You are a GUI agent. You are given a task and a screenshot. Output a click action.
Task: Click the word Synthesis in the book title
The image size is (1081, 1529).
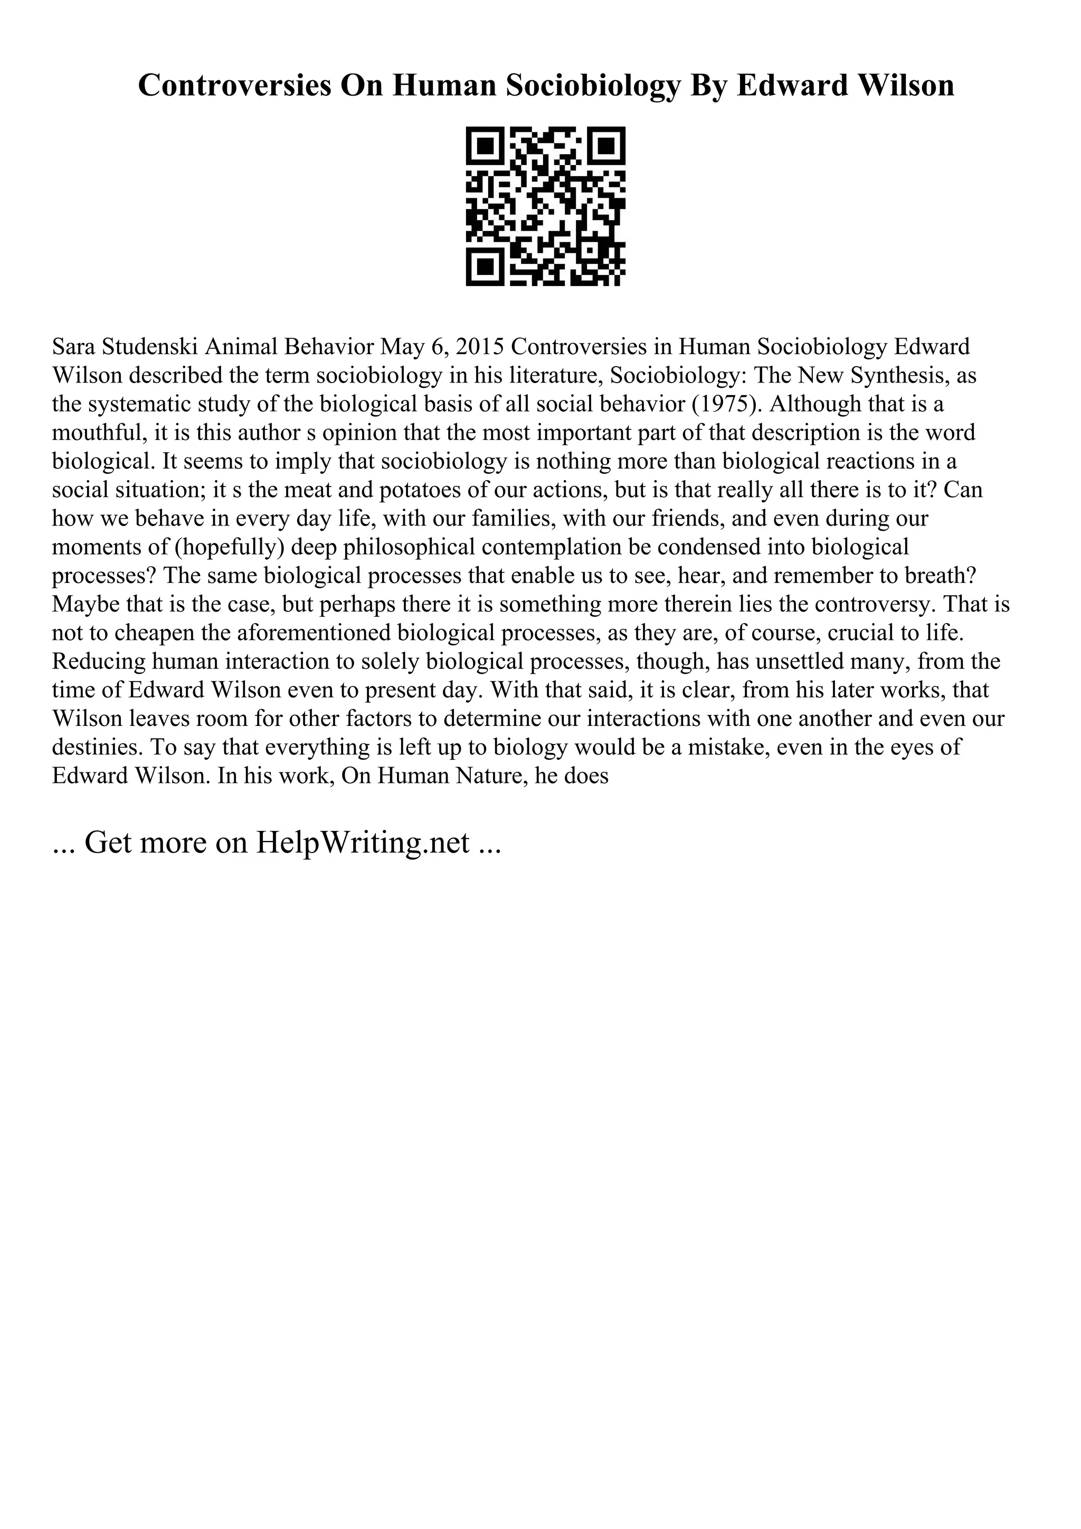(x=893, y=376)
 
